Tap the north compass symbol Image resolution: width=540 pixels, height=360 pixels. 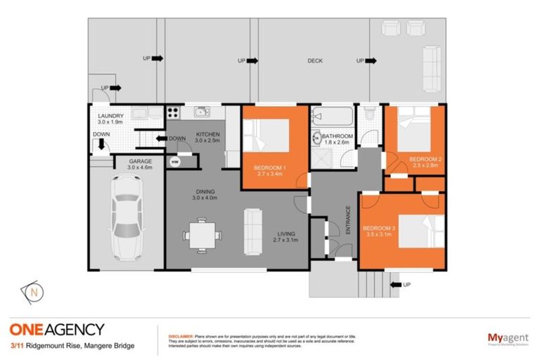tap(33, 290)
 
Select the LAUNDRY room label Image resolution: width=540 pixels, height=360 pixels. tap(111, 116)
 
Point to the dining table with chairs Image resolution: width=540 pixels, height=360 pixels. tap(202, 233)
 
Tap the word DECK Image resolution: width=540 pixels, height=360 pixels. tap(315, 61)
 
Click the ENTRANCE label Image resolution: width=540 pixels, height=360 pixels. tap(347, 220)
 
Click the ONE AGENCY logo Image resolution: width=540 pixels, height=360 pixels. tap(57, 329)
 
